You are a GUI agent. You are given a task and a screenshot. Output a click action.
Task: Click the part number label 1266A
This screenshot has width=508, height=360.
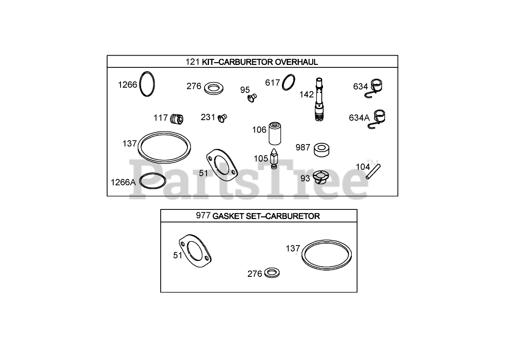click(123, 182)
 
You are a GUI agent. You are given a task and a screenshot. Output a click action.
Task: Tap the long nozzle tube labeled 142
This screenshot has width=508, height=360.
click(319, 99)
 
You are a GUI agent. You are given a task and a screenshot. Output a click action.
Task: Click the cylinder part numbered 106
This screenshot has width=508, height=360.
click(275, 134)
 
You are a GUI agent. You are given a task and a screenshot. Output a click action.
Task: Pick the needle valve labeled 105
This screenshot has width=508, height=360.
click(274, 159)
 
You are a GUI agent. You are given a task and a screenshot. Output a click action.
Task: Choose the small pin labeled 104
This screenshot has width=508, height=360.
click(373, 172)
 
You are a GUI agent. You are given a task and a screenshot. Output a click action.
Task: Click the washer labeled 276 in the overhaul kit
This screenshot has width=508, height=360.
click(214, 88)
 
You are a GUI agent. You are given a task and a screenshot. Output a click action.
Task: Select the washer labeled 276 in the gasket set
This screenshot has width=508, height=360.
click(272, 273)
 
